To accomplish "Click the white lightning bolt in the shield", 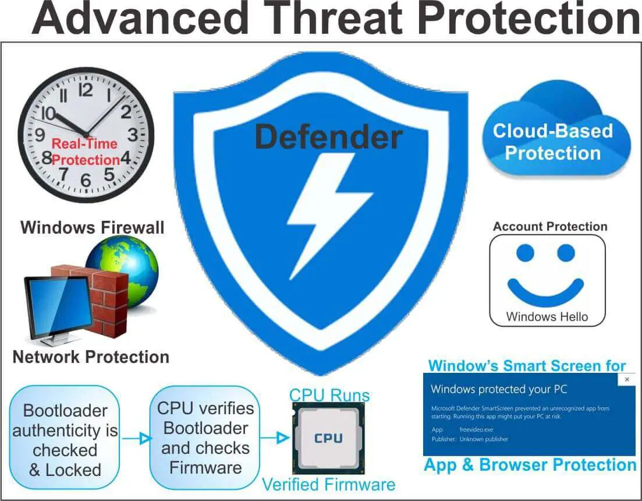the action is tap(324, 213).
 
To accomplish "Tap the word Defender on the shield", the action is tap(328, 137).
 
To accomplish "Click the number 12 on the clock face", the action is tap(86, 90).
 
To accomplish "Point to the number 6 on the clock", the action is tap(86, 179).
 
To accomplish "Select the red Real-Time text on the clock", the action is tap(84, 144).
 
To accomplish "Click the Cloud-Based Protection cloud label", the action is tap(553, 142).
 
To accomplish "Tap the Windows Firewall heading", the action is tap(92, 227).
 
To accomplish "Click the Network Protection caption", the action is tap(91, 357).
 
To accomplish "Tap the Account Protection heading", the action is tap(550, 227).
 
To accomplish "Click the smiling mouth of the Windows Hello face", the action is tap(546, 290).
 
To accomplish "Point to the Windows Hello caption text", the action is tap(547, 317).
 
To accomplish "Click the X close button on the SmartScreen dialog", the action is tap(627, 379).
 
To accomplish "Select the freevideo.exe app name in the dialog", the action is tap(476, 430).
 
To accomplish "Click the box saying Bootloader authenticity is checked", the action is tap(65, 438).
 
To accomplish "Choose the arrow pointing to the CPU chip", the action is tap(275, 438).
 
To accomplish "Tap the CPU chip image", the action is tap(328, 438).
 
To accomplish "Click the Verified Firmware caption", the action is tap(328, 485).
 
